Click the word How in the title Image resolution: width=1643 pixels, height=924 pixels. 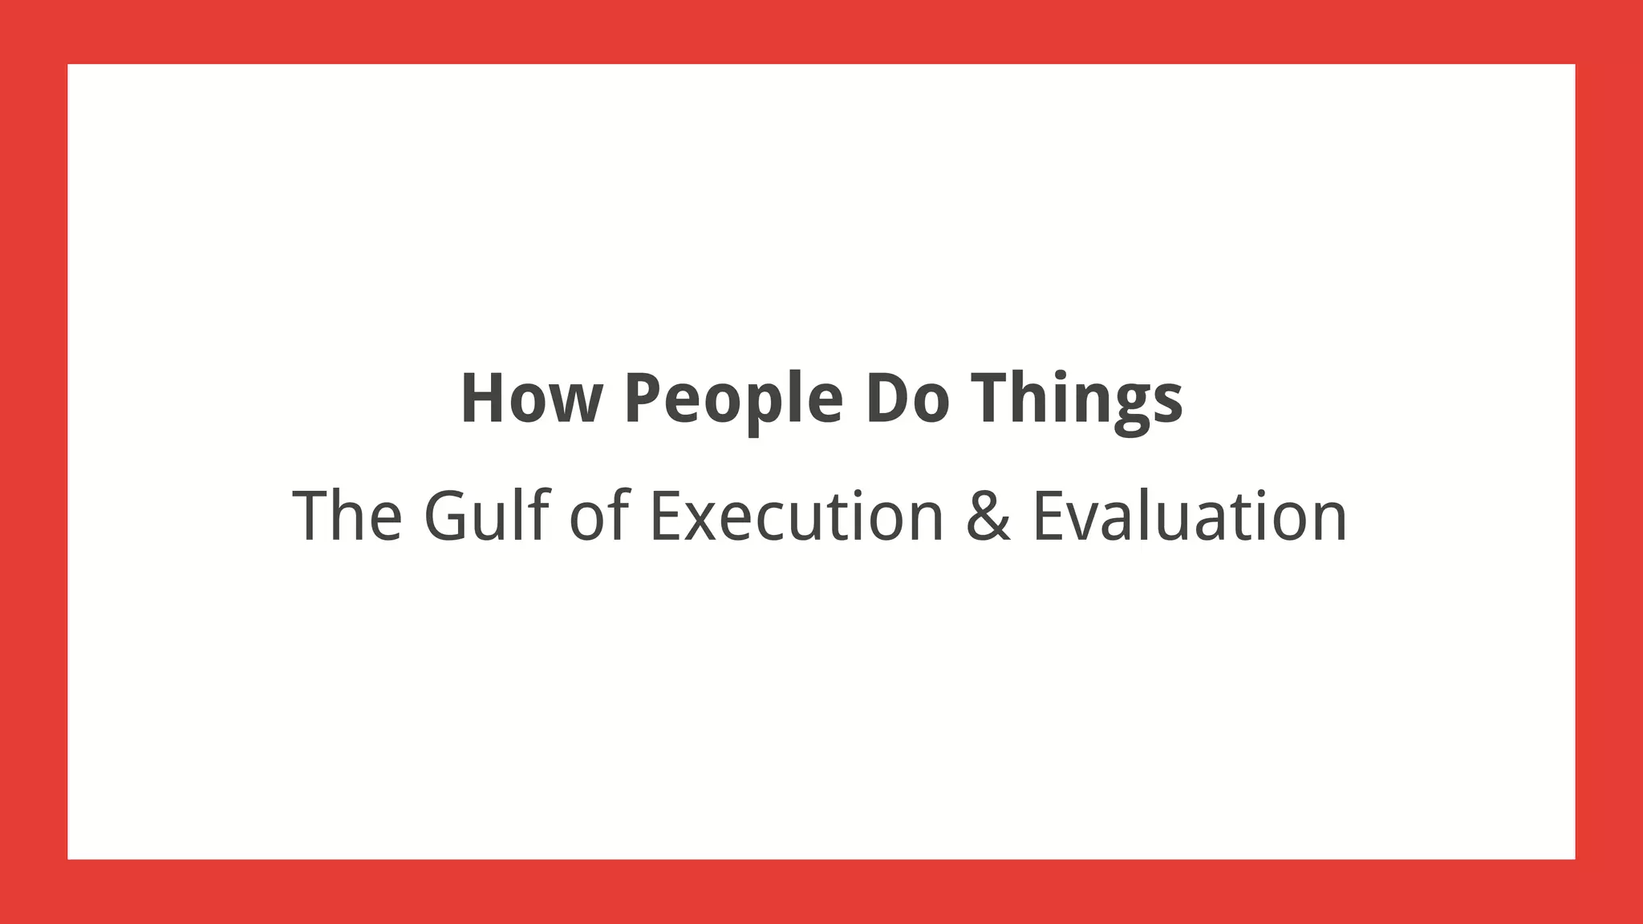[530, 399]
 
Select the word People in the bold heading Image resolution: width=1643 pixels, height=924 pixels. [733, 399]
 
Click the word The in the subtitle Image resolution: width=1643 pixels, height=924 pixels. [347, 517]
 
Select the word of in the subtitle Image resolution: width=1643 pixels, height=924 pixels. [598, 517]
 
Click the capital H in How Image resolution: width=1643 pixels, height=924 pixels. [483, 399]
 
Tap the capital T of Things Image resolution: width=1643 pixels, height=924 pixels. [992, 399]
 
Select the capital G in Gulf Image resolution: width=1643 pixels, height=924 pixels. [446, 517]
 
